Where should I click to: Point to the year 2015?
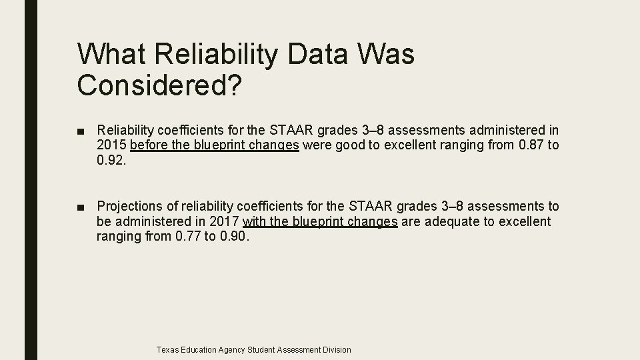pyautogui.click(x=111, y=145)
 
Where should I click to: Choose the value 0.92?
pyautogui.click(x=111, y=160)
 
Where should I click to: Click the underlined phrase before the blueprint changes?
pyautogui.click(x=215, y=145)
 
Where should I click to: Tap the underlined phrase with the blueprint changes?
pyautogui.click(x=321, y=221)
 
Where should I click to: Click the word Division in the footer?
pyautogui.click(x=336, y=349)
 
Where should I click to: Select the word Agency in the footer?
pyautogui.click(x=230, y=349)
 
